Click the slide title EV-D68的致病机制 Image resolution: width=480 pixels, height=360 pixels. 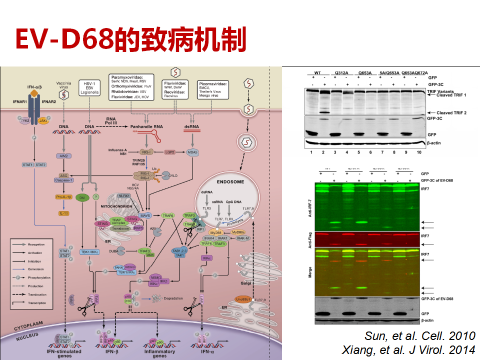coord(131,40)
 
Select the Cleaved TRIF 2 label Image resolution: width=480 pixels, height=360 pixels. coord(444,113)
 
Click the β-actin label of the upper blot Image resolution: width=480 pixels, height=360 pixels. coord(435,143)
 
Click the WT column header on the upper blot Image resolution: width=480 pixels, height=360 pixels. coord(317,73)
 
